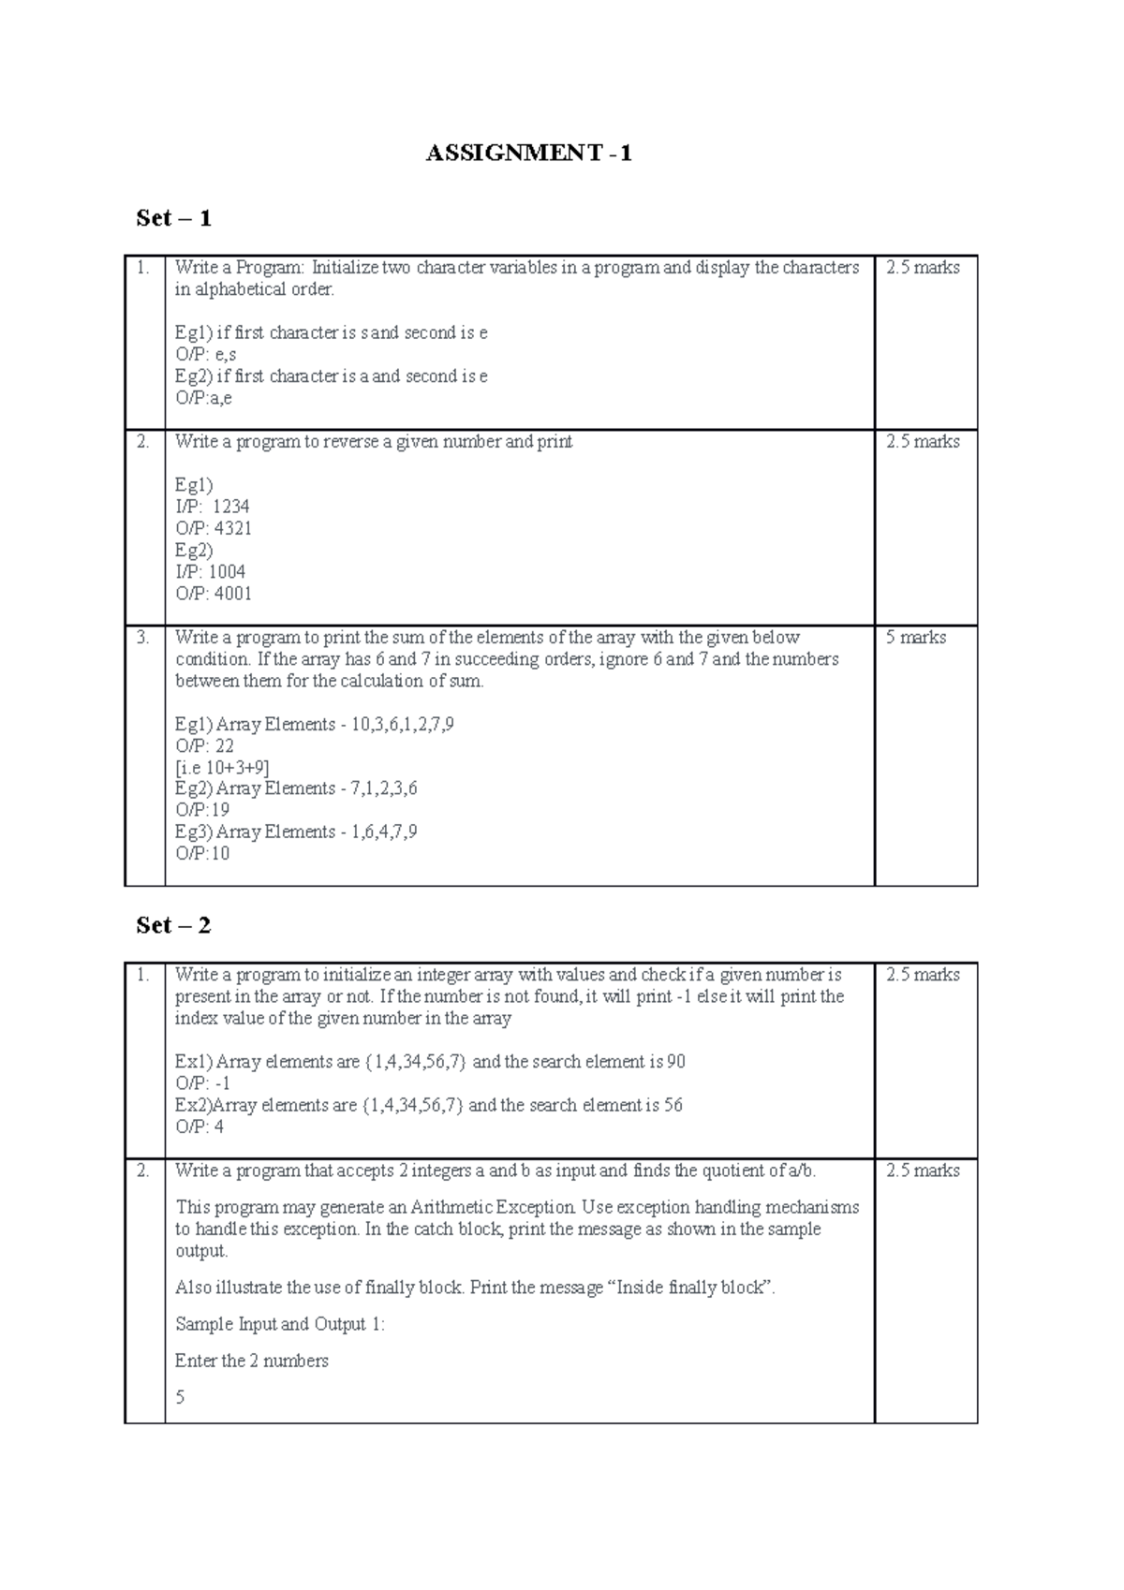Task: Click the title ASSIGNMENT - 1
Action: pos(528,154)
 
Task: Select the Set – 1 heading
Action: pos(173,218)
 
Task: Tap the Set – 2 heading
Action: pos(173,925)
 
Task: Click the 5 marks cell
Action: pos(915,638)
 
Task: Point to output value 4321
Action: pos(232,528)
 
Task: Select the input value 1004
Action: pos(227,572)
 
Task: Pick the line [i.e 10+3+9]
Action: pos(222,768)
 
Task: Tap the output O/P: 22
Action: pos(204,746)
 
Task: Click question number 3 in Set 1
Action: pos(143,638)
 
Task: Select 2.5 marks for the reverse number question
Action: pos(923,442)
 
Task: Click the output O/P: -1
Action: pos(202,1083)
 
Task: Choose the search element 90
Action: pos(675,1062)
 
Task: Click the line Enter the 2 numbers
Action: pos(251,1361)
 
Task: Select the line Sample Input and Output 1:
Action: pos(280,1324)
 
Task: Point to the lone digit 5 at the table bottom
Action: pos(180,1397)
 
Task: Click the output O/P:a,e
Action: pos(203,398)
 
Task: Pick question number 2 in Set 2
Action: pos(143,1170)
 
